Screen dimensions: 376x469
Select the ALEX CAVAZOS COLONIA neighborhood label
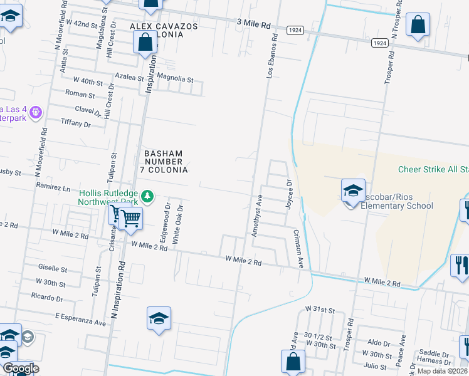(164, 30)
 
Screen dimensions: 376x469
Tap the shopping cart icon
(130, 218)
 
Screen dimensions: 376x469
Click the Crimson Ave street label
(300, 249)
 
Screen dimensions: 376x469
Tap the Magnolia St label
(175, 80)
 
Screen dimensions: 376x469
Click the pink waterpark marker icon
(36, 112)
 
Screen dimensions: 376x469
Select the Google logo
(20, 368)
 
